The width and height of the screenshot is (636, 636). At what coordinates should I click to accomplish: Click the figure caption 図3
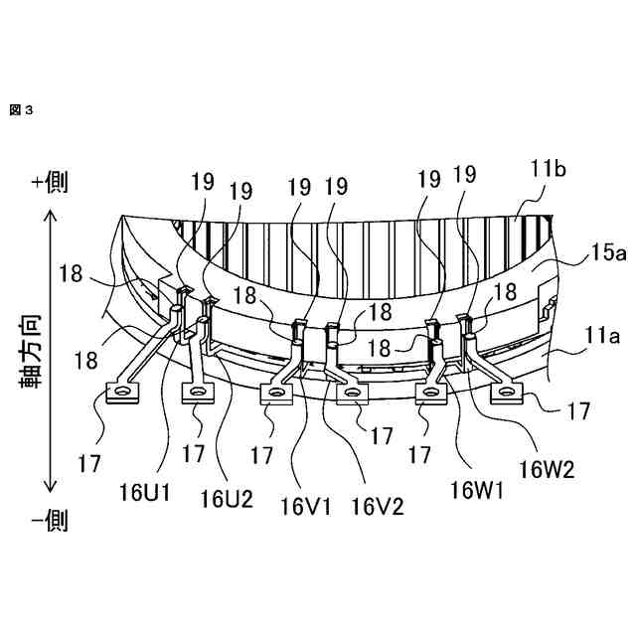[21, 110]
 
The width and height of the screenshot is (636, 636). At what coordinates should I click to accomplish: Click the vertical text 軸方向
[31, 350]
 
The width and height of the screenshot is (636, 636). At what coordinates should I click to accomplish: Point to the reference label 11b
[548, 171]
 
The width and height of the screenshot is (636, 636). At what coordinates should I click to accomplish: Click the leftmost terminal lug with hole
[123, 396]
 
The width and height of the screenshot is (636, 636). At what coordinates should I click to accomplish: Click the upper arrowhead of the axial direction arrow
[51, 217]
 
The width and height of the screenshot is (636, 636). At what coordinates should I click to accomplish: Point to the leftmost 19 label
[203, 182]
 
